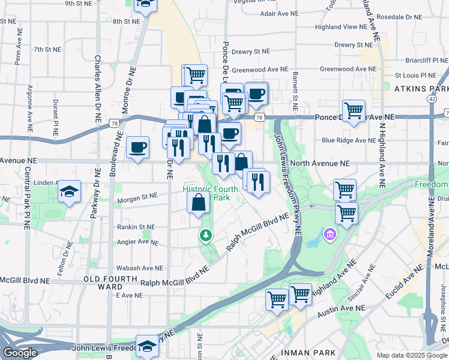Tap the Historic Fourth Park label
click(x=211, y=193)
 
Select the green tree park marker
click(x=206, y=235)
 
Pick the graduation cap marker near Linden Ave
click(x=70, y=192)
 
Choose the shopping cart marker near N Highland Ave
click(x=354, y=110)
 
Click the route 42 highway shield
click(x=432, y=98)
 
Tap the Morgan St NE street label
click(x=137, y=196)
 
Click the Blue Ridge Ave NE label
click(x=348, y=140)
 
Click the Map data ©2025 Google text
click(x=412, y=355)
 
